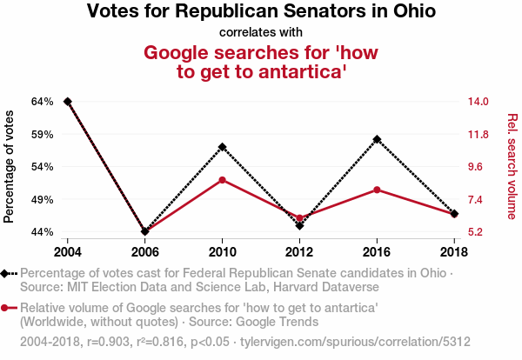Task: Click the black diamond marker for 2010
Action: pos(223,147)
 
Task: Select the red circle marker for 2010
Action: pos(223,180)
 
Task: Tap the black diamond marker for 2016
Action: pos(377,139)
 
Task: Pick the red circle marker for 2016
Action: pos(377,190)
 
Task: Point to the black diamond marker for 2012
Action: pos(300,225)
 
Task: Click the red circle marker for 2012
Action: pos(300,218)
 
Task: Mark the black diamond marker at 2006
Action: pos(145,231)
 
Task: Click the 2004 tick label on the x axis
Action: pos(68,251)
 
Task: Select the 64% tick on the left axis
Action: pos(43,102)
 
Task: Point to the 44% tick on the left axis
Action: pos(43,232)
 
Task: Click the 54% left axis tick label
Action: pos(43,167)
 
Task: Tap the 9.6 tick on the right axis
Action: pos(478,167)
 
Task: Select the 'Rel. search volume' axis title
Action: pos(512,166)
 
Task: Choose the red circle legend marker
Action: pos(7,308)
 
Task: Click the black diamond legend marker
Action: pos(7,273)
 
